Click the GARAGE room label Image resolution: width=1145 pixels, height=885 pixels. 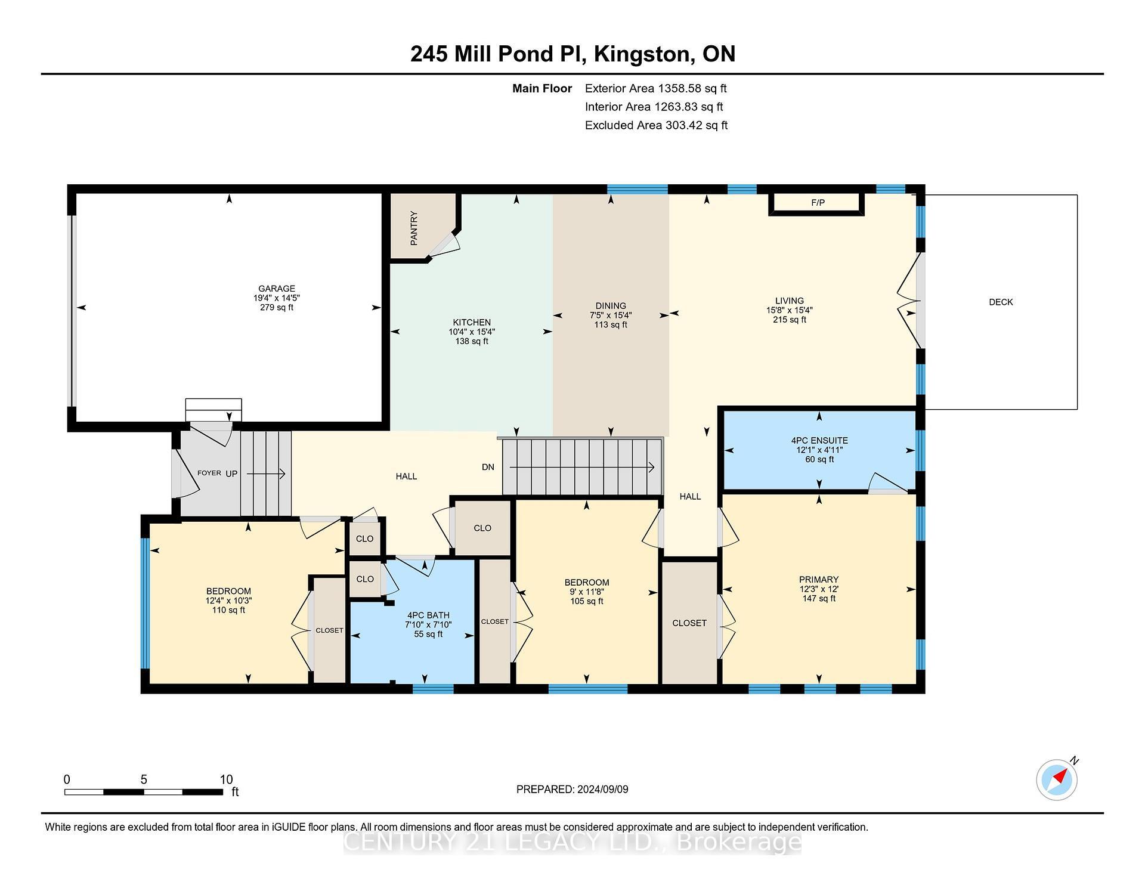tap(276, 289)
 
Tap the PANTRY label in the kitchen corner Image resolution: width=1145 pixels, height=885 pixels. tap(414, 228)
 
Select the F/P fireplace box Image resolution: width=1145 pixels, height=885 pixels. tap(818, 203)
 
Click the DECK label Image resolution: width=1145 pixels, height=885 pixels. tap(1001, 302)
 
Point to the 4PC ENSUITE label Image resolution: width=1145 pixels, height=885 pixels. tap(819, 441)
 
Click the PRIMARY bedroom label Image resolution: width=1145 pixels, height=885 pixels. tap(819, 580)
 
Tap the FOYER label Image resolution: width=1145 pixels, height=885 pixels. tap(209, 473)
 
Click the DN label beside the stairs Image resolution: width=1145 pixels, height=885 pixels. tap(488, 467)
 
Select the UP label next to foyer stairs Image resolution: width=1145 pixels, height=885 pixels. tap(231, 474)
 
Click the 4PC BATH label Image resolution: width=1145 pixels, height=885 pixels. tap(428, 615)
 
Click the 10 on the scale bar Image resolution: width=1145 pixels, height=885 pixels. tap(226, 779)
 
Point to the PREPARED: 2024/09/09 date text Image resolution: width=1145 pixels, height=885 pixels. tap(572, 790)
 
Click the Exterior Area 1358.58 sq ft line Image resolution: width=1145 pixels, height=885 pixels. tap(655, 89)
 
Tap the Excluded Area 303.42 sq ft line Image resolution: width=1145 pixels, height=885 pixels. tap(656, 125)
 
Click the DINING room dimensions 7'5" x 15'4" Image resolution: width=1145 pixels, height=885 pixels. tap(610, 315)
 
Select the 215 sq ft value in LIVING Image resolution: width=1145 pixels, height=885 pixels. tap(789, 320)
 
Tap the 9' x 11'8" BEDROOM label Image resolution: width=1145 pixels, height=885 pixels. tap(586, 592)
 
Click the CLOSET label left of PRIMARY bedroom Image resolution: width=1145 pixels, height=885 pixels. tap(689, 623)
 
